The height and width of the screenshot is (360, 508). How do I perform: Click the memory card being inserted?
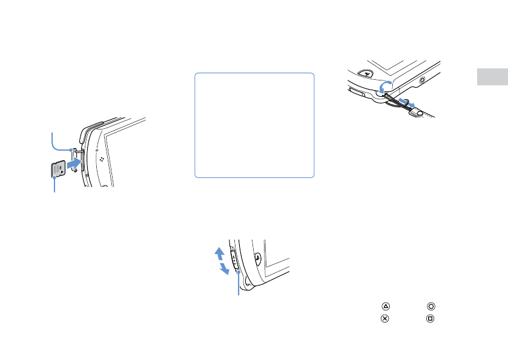pyautogui.click(x=58, y=169)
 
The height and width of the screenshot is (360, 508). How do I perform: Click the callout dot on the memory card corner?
pyautogui.click(x=54, y=177)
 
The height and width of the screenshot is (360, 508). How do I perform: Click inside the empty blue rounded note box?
pyautogui.click(x=254, y=125)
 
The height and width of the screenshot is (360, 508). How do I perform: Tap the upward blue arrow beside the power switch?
pyautogui.click(x=220, y=252)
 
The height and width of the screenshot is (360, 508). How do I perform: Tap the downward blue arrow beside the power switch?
pyautogui.click(x=225, y=268)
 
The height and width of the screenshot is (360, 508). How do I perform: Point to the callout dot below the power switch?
pyautogui.click(x=239, y=273)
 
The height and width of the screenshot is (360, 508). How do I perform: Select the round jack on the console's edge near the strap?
pyautogui.click(x=422, y=79)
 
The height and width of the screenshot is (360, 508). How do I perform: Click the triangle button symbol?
pyautogui.click(x=384, y=307)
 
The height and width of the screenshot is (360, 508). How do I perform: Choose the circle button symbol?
pyautogui.click(x=430, y=307)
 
